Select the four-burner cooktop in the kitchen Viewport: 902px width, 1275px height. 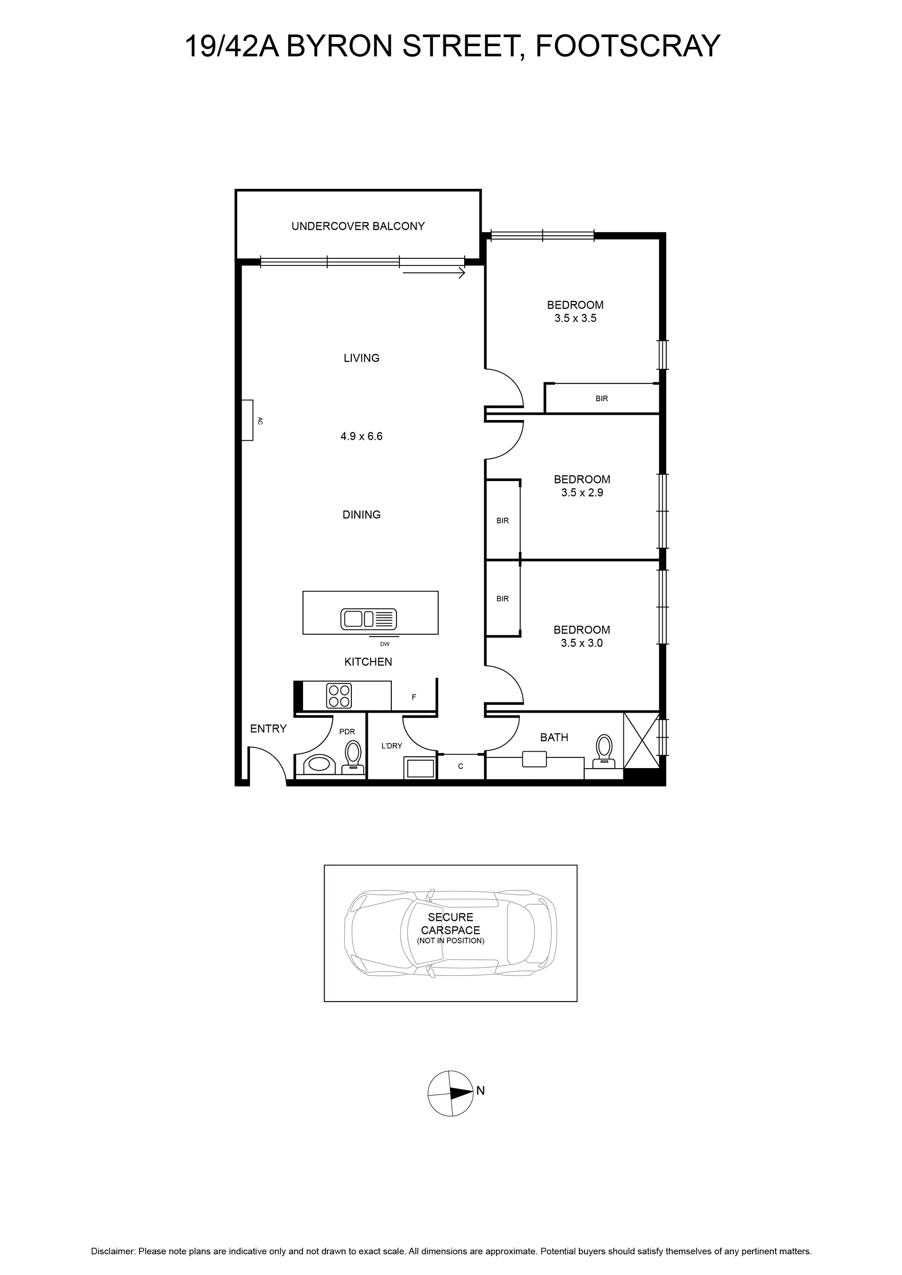click(x=339, y=695)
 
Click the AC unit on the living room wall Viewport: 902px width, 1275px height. click(x=247, y=420)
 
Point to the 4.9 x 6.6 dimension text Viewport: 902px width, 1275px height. click(x=362, y=436)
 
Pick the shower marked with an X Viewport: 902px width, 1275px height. click(x=642, y=740)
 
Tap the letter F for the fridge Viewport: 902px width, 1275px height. click(x=414, y=698)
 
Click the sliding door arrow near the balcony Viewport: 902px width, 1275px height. click(x=434, y=273)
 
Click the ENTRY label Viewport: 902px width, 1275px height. click(x=268, y=729)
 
